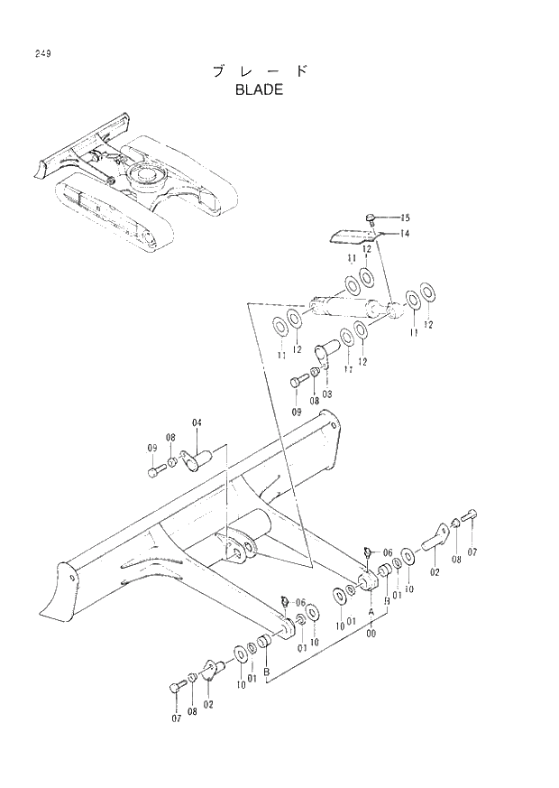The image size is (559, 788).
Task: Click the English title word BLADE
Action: (x=259, y=89)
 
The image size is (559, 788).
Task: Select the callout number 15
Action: (x=405, y=218)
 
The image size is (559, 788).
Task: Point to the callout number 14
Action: (x=405, y=233)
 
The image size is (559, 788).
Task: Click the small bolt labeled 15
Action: (x=371, y=218)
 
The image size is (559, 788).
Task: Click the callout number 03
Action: (x=326, y=394)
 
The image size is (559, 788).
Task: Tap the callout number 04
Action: (x=197, y=422)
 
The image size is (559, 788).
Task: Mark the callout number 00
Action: (x=371, y=635)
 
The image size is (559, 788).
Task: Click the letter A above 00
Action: (x=371, y=611)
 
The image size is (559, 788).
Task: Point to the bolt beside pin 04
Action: (x=154, y=471)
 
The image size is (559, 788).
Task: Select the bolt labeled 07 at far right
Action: (x=472, y=517)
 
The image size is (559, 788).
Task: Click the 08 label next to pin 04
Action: (x=170, y=437)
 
